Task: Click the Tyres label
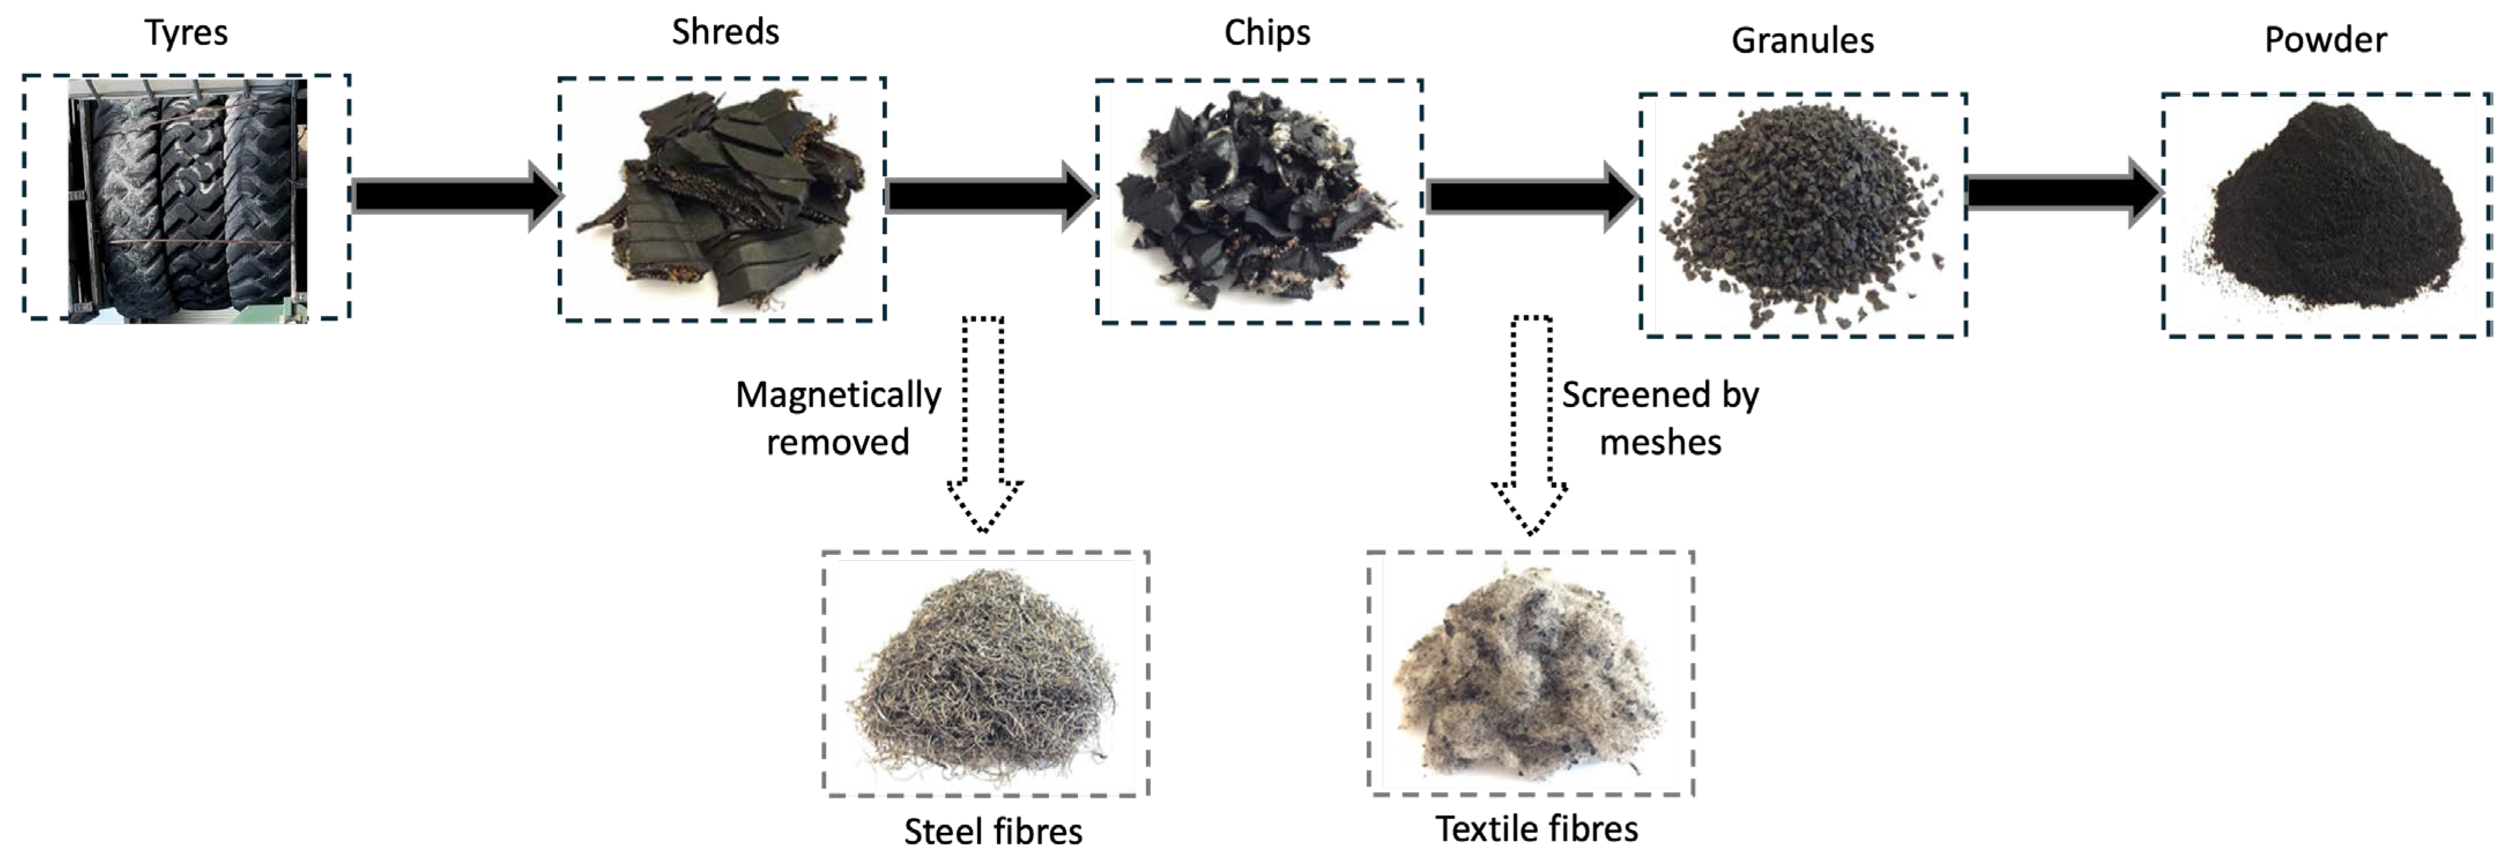(x=187, y=33)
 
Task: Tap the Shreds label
(x=726, y=32)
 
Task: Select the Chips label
(x=1267, y=33)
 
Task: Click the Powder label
(x=2325, y=40)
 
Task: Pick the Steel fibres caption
(x=992, y=831)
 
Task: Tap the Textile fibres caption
(x=1536, y=828)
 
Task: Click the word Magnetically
(x=838, y=396)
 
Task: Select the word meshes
(x=1661, y=443)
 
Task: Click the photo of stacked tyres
(x=187, y=200)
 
